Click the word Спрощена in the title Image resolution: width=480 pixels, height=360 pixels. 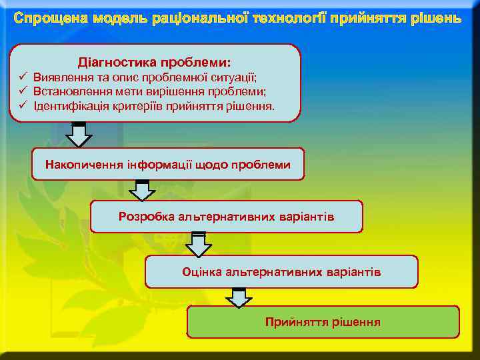pyautogui.click(x=45, y=17)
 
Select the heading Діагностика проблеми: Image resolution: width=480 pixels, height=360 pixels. pyautogui.click(x=155, y=62)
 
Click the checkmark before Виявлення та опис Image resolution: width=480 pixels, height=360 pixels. pyautogui.click(x=22, y=77)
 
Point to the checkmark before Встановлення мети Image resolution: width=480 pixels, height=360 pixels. pyautogui.click(x=22, y=91)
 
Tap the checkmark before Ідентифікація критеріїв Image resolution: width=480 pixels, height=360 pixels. pyautogui.click(x=22, y=105)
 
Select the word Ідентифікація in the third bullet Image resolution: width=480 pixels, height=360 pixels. pyautogui.click(x=65, y=106)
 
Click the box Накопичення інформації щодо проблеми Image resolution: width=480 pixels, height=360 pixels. pyautogui.click(x=168, y=164)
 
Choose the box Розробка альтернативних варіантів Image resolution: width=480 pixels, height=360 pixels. pyautogui.click(x=227, y=217)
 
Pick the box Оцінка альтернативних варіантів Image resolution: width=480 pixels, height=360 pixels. pyautogui.click(x=281, y=272)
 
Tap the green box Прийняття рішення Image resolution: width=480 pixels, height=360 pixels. pyautogui.click(x=323, y=322)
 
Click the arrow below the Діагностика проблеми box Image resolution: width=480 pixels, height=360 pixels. pyautogui.click(x=79, y=135)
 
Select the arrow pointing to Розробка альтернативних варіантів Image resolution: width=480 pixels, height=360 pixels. pyautogui.click(x=141, y=190)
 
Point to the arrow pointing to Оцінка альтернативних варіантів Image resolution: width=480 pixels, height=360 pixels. pyautogui.click(x=198, y=245)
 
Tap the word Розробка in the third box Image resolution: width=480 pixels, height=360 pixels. pyautogui.click(x=141, y=217)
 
